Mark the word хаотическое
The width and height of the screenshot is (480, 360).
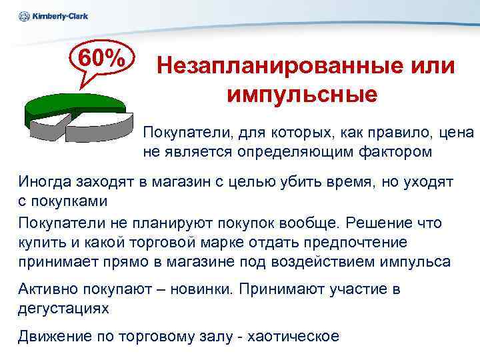point(293,336)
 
